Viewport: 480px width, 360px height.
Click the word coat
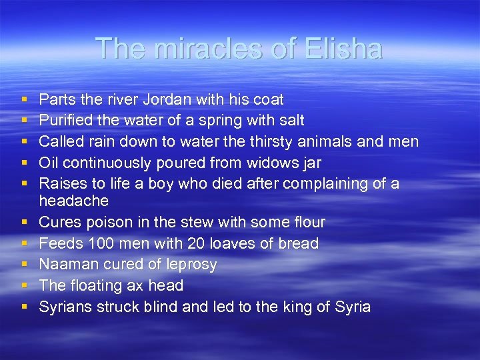(x=268, y=100)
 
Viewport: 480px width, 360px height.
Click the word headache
(x=73, y=201)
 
